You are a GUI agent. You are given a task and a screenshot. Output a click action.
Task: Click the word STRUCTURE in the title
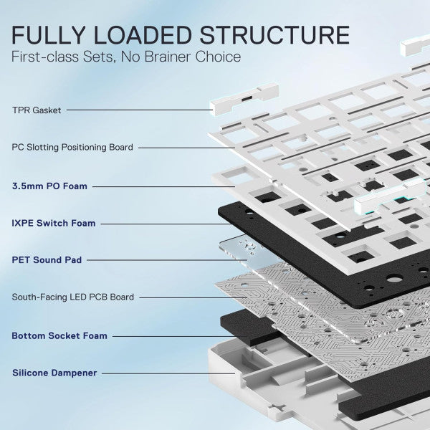pos(274,35)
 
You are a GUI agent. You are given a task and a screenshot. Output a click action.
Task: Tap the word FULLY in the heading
pos(48,35)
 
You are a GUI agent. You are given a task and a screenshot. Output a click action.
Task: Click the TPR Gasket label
pos(37,110)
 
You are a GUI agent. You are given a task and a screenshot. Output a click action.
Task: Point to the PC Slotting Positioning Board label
pos(72,147)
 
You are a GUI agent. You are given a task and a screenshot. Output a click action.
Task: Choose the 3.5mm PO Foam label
pos(49,186)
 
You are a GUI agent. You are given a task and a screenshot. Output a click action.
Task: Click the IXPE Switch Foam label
pos(54,223)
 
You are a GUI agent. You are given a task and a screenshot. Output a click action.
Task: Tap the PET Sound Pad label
pos(47,260)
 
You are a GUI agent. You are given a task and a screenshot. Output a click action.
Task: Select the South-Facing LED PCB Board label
pos(73,297)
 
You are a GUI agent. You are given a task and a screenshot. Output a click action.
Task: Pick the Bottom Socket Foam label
pos(59,335)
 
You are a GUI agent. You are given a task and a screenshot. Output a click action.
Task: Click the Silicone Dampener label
pos(54,373)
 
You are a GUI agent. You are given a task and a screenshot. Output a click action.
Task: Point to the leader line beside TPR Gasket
pos(140,110)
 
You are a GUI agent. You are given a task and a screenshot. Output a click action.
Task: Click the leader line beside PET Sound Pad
pos(167,260)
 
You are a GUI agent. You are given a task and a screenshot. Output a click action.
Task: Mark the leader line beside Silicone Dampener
pos(168,373)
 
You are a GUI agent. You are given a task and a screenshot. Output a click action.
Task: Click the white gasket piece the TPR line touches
pos(244,99)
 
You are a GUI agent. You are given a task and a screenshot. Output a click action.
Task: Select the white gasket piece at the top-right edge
pos(415,46)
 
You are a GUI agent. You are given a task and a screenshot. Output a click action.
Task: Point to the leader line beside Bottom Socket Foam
pos(180,336)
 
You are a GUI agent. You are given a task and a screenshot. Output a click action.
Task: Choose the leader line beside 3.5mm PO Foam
pos(163,187)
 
